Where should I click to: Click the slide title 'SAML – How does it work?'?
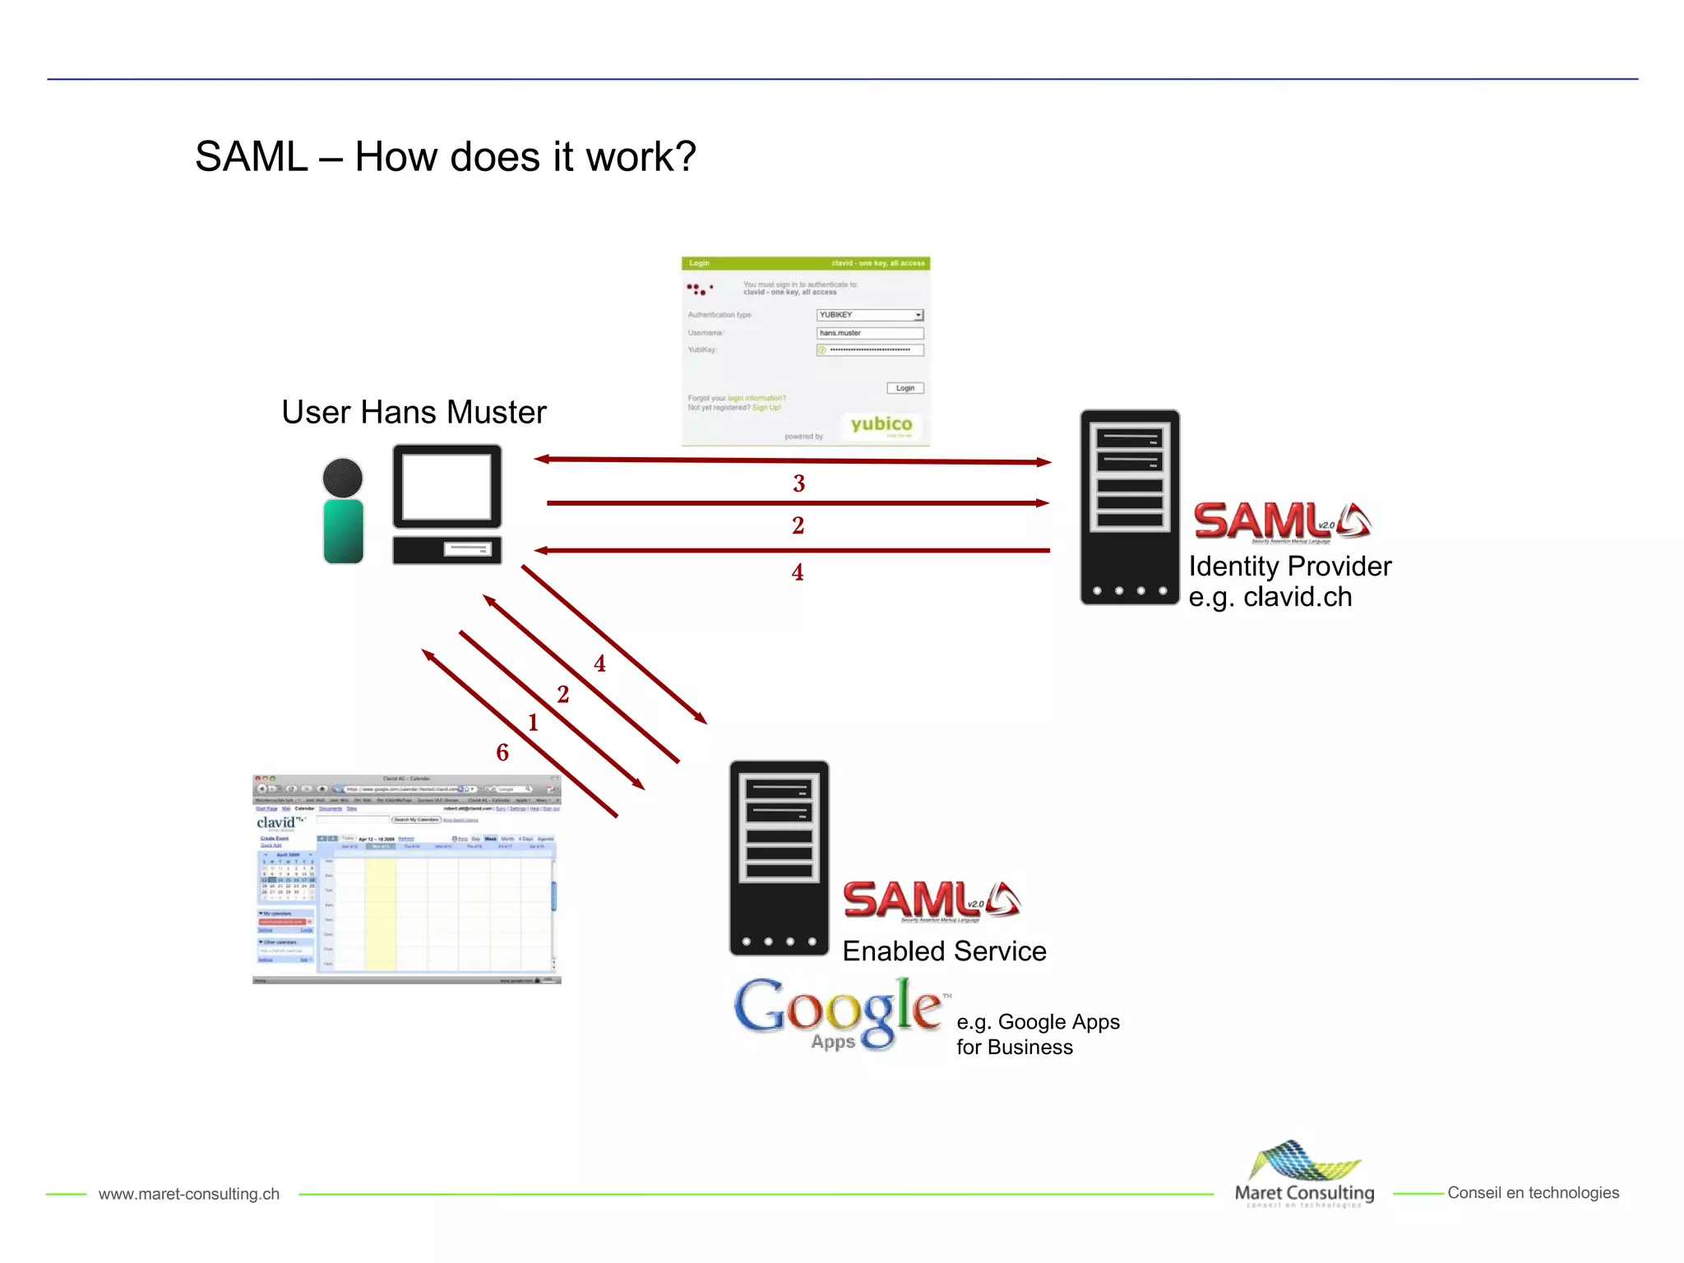(x=445, y=156)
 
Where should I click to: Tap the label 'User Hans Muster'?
(x=414, y=412)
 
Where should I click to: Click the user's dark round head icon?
(x=343, y=477)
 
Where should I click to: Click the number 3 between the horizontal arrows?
(x=798, y=483)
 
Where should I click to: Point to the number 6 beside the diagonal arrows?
(x=502, y=752)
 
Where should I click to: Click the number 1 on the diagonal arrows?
(x=533, y=723)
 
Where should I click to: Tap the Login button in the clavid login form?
(x=904, y=388)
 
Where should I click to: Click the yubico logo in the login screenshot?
(x=881, y=424)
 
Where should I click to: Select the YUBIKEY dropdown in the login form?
(x=870, y=315)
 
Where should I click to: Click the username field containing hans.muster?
(x=870, y=333)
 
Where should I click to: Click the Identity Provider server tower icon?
(x=1129, y=507)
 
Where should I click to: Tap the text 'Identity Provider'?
(x=1289, y=567)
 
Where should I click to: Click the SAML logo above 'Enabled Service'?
(x=932, y=900)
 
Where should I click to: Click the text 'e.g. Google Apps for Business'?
(x=1037, y=1034)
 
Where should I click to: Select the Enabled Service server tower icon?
(x=779, y=858)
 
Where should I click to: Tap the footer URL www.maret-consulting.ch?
(x=189, y=1194)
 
